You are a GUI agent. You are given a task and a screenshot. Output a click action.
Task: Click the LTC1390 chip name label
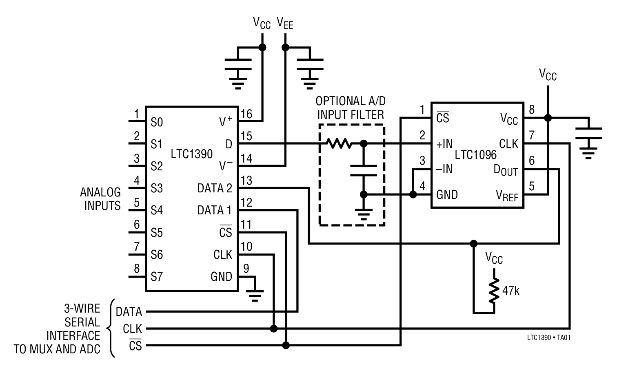click(x=192, y=154)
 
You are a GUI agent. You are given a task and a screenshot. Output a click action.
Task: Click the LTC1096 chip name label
click(x=476, y=155)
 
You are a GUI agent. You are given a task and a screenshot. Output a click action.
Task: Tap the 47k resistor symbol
click(x=494, y=290)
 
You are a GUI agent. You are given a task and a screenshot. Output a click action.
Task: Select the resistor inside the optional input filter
click(x=339, y=143)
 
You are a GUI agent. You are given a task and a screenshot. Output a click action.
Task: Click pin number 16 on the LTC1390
click(x=246, y=114)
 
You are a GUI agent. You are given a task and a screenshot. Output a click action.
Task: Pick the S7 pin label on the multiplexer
click(x=157, y=277)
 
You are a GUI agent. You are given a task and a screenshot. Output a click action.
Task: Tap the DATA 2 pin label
click(x=215, y=188)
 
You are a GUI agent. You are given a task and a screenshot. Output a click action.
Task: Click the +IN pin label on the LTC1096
click(x=444, y=144)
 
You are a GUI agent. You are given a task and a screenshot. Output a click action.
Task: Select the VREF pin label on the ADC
click(x=507, y=196)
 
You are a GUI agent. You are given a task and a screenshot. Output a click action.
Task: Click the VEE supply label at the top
click(x=285, y=23)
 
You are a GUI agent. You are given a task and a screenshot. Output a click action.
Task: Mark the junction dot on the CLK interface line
click(x=274, y=328)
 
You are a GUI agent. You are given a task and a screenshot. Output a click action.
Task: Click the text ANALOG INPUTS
click(x=101, y=199)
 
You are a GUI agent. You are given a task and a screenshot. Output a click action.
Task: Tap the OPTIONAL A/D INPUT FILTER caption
click(x=351, y=108)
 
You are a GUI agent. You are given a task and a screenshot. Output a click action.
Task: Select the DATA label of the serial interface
click(x=129, y=312)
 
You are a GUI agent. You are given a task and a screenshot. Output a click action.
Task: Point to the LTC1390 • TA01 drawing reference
click(x=548, y=338)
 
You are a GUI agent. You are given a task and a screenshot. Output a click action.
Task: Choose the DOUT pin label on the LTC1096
click(x=506, y=170)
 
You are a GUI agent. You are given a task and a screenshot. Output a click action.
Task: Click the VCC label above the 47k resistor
click(x=494, y=258)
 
